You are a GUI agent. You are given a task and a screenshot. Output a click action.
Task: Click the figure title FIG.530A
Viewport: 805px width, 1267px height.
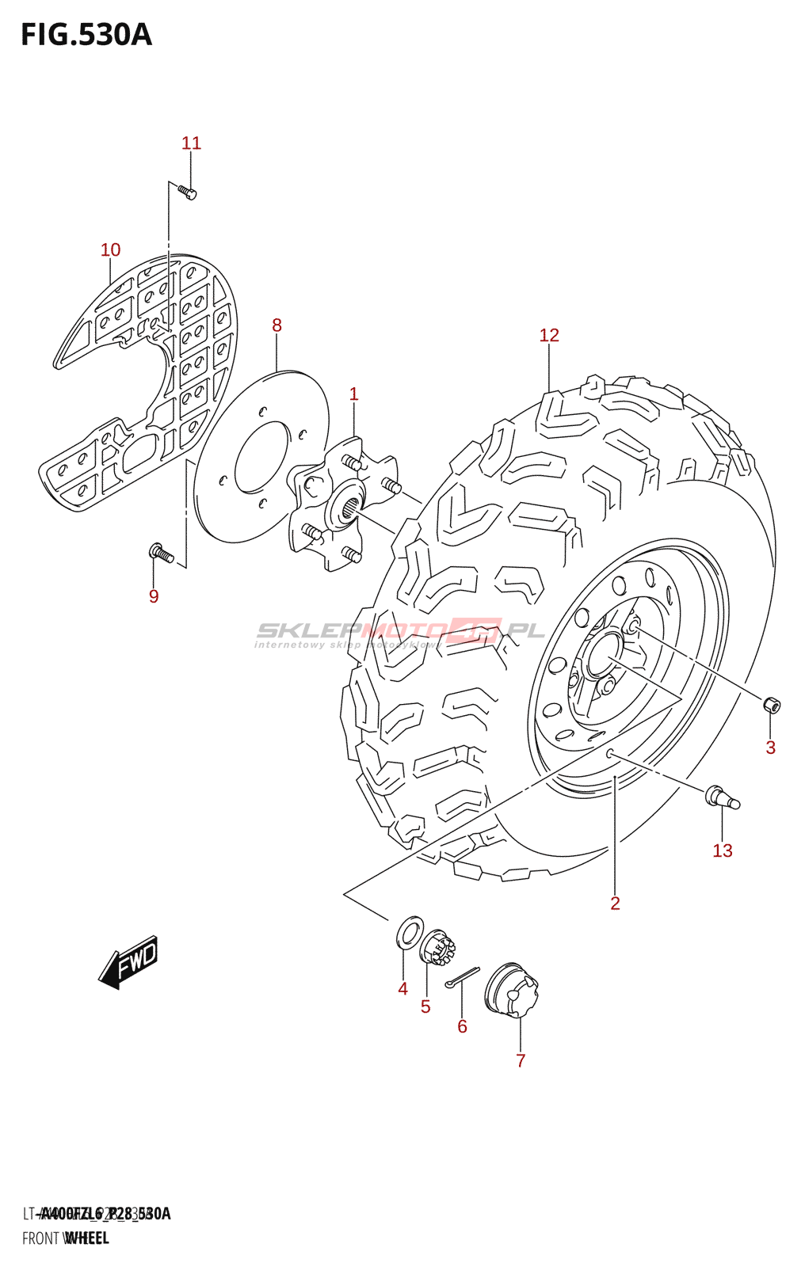[86, 36]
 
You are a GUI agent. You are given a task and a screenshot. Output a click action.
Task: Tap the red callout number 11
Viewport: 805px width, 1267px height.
[191, 143]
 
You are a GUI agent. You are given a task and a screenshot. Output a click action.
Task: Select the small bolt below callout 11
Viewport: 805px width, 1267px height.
[187, 192]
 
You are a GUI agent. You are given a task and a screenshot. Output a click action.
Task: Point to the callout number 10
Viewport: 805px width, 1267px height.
[110, 250]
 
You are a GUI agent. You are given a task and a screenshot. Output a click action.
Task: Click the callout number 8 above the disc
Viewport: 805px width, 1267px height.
[277, 325]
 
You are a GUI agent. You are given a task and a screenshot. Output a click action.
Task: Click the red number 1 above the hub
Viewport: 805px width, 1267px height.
[353, 394]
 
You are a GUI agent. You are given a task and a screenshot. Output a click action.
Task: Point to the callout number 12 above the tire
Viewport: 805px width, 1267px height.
[549, 336]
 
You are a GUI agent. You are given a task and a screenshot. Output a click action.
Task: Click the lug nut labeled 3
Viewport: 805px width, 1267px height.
[771, 704]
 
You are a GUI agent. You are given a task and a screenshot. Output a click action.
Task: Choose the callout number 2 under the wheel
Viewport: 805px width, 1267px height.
[615, 904]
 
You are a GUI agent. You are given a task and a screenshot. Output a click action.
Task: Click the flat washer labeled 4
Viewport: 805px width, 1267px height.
[408, 932]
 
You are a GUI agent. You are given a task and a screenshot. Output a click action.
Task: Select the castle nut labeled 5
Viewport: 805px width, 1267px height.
[438, 947]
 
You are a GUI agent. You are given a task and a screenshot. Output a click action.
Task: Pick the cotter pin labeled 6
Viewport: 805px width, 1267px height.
[463, 977]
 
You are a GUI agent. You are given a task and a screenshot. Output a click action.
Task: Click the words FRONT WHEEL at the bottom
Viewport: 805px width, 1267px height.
[66, 1238]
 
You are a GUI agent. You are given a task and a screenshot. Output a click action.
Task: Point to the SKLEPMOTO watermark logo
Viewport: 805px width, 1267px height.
[400, 632]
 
